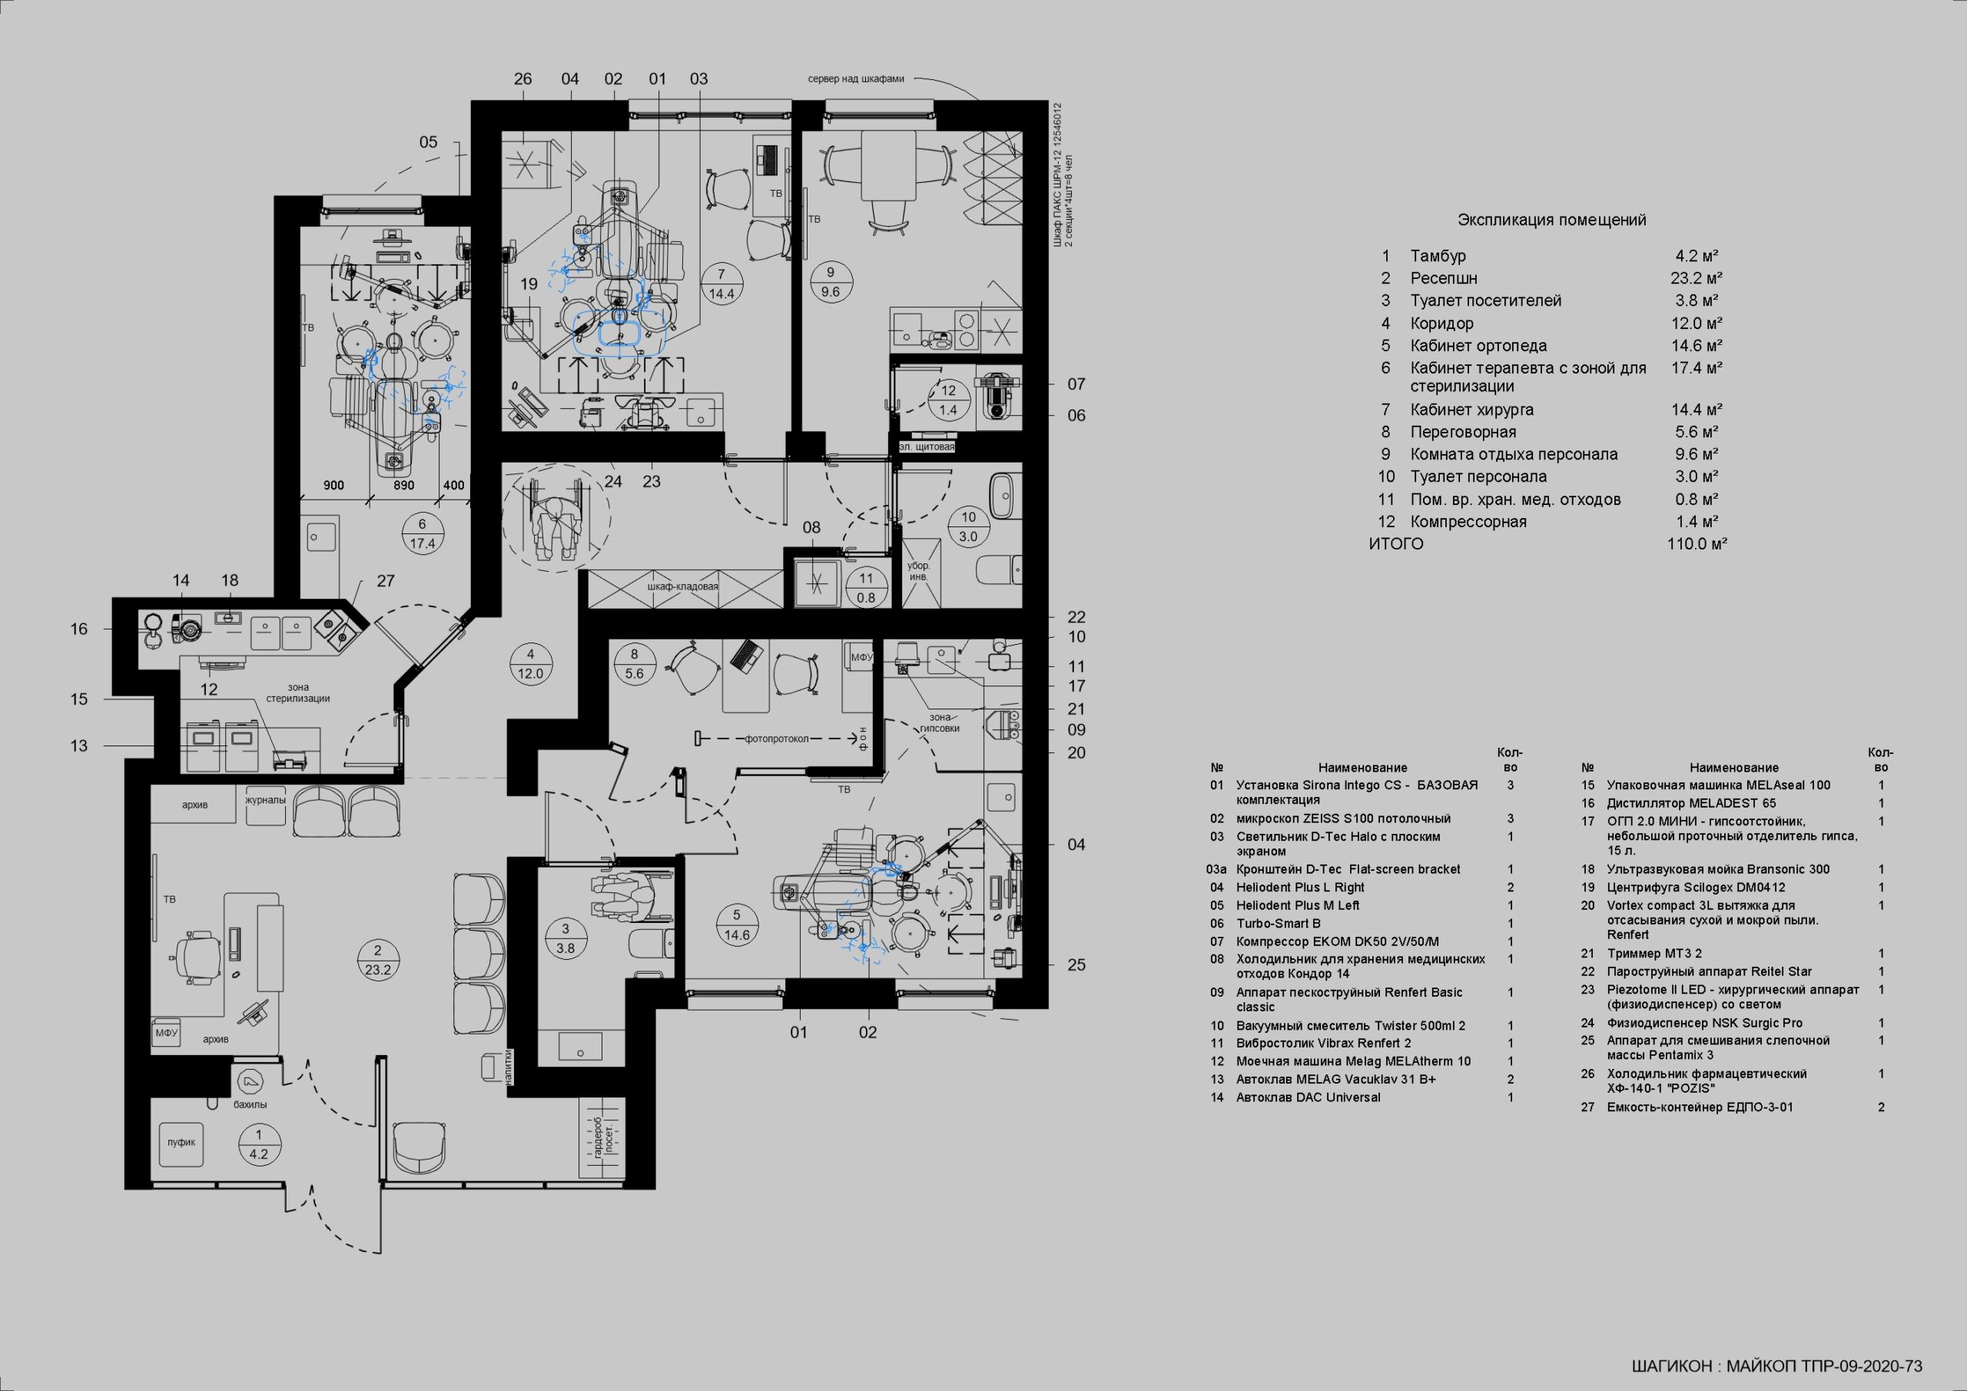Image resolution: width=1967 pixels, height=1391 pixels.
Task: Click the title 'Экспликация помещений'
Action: click(1551, 221)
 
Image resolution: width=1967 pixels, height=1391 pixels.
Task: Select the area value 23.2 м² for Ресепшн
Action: click(1697, 277)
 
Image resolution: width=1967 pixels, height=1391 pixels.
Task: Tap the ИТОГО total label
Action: click(1395, 543)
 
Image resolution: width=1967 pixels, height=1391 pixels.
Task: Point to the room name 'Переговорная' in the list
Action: click(1463, 432)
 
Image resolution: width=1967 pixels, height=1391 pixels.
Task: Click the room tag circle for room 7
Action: click(722, 284)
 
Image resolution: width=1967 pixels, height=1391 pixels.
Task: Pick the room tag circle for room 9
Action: click(830, 282)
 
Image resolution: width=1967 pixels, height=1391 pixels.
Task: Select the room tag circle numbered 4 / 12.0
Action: click(530, 664)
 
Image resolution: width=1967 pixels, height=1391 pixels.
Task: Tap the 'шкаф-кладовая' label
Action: click(683, 587)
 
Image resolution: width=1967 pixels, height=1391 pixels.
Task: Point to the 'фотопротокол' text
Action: click(776, 738)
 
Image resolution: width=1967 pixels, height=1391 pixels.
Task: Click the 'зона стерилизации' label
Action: click(298, 692)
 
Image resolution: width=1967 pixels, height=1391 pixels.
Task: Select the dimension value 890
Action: click(403, 485)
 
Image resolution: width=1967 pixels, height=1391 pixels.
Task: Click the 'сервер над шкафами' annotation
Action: click(856, 79)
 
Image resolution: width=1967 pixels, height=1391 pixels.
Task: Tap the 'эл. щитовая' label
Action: click(926, 447)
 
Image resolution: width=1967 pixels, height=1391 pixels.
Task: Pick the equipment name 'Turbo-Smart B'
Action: click(1279, 923)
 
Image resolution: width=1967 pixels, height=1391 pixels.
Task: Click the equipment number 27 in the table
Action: click(1587, 1107)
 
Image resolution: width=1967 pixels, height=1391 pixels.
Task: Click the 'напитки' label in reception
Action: click(509, 1068)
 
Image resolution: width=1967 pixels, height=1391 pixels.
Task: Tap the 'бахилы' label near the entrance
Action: click(250, 1105)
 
